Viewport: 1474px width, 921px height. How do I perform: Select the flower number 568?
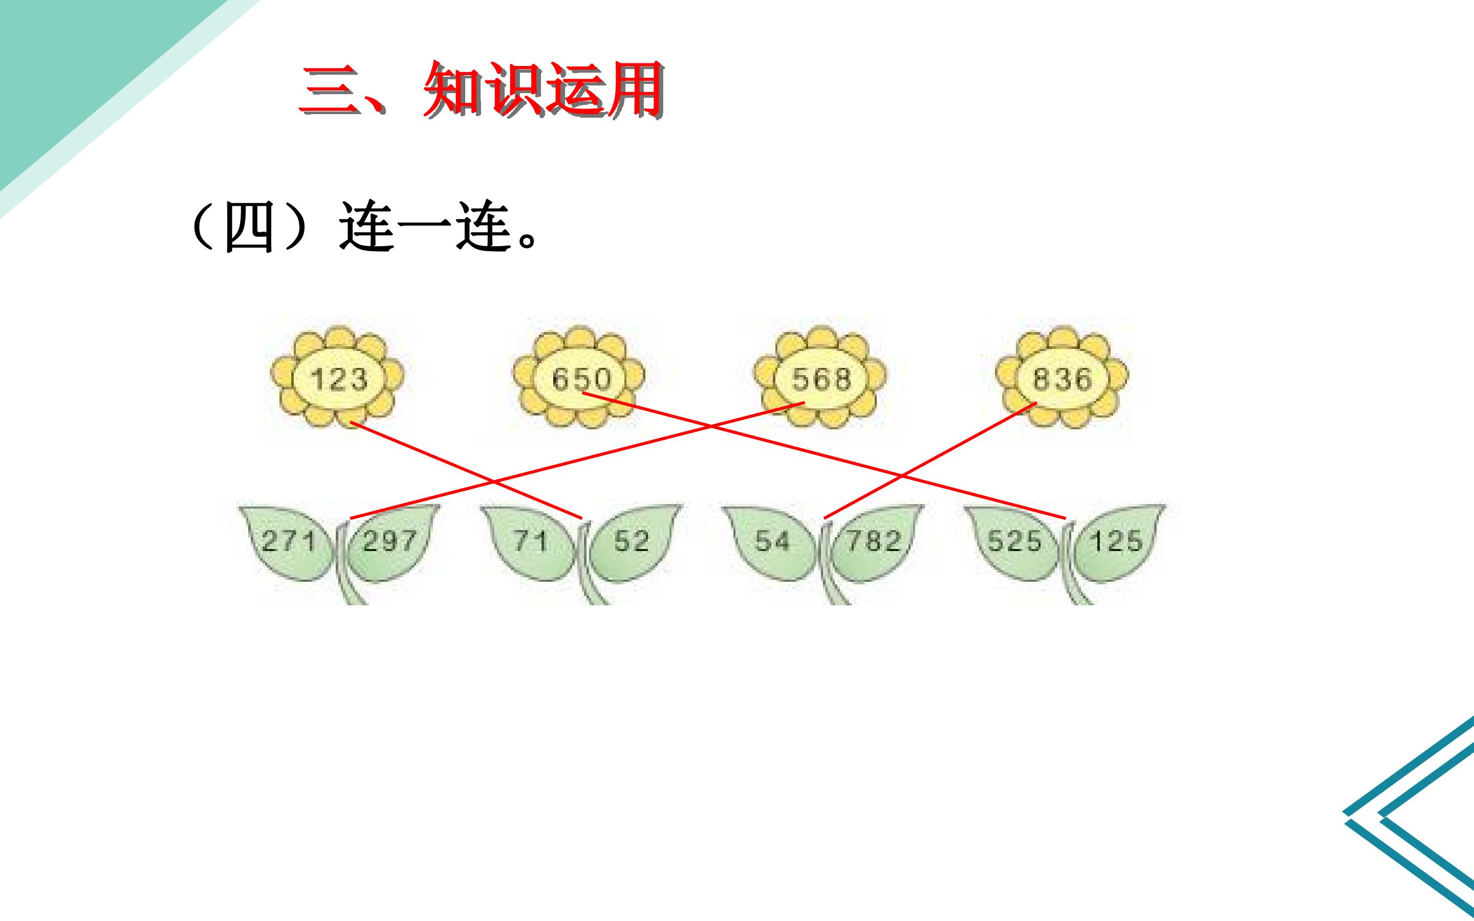tap(821, 379)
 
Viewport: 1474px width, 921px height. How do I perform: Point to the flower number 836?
tap(1063, 379)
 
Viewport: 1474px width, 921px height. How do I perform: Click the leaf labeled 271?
tap(289, 541)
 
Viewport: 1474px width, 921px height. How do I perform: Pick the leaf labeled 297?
tap(391, 541)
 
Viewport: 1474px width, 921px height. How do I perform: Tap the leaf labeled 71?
tap(530, 541)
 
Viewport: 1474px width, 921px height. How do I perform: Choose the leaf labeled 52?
tap(632, 541)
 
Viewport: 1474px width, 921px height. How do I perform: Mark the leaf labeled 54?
tap(771, 541)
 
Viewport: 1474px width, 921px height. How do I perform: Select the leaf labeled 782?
tap(875, 541)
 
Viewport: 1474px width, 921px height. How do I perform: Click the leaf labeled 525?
tap(1013, 541)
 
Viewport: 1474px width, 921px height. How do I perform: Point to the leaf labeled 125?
tap(1116, 541)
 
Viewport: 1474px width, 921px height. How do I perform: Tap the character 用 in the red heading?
tap(634, 90)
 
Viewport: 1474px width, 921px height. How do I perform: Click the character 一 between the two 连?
tap(424, 228)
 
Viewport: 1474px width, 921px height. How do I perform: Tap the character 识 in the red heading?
tap(513, 90)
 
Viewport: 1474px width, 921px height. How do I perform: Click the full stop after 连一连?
tap(528, 240)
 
